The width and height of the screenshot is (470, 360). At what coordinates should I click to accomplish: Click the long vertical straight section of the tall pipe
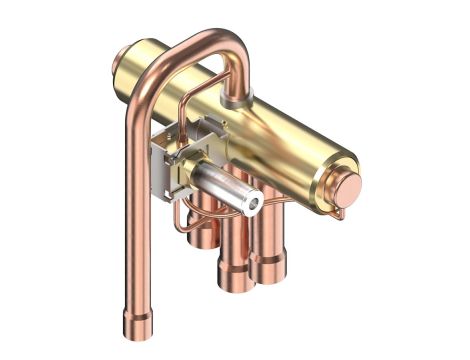coord(133,220)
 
